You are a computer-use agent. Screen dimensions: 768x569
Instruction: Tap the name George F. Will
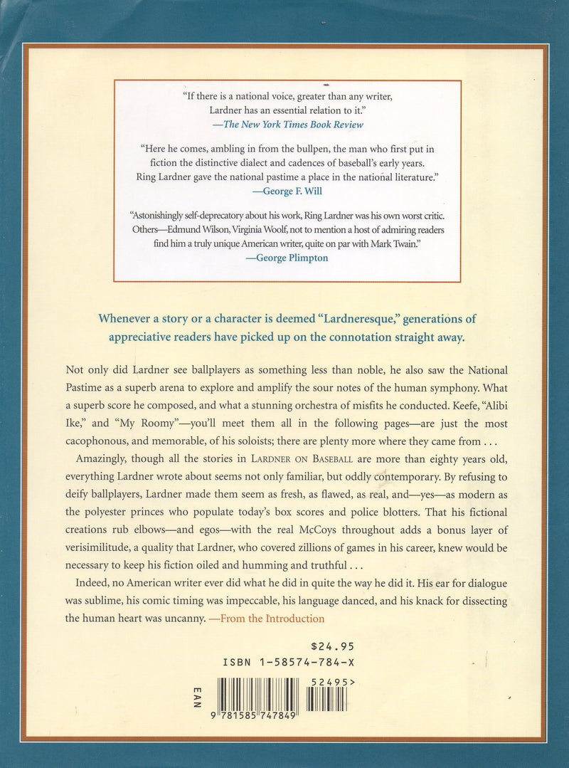coord(288,191)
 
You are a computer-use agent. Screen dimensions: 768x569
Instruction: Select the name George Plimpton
coord(287,258)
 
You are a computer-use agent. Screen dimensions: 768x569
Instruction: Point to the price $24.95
coord(333,646)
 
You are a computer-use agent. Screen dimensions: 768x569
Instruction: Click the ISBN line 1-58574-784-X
coord(288,662)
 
